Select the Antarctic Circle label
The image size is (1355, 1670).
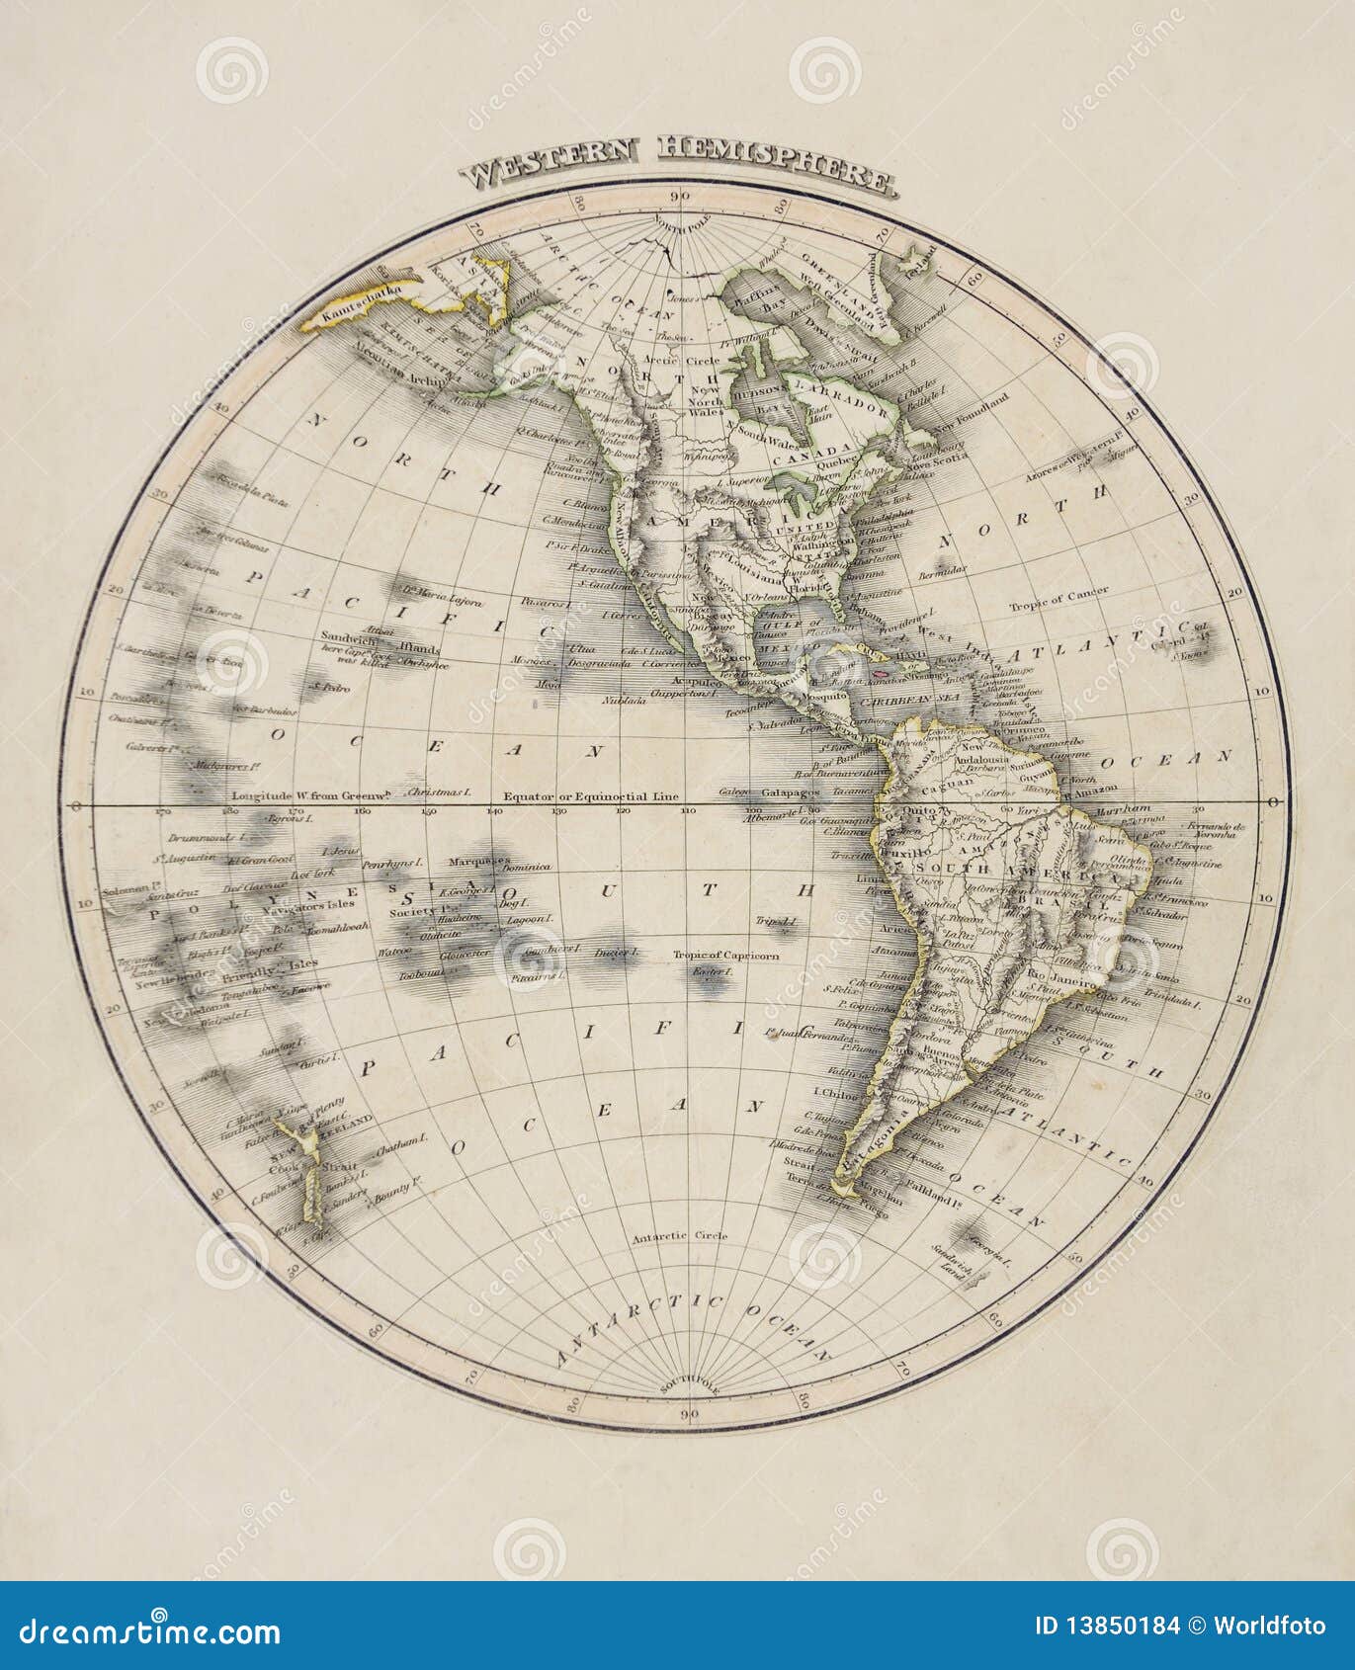[680, 1235]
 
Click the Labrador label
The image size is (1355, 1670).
[853, 405]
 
